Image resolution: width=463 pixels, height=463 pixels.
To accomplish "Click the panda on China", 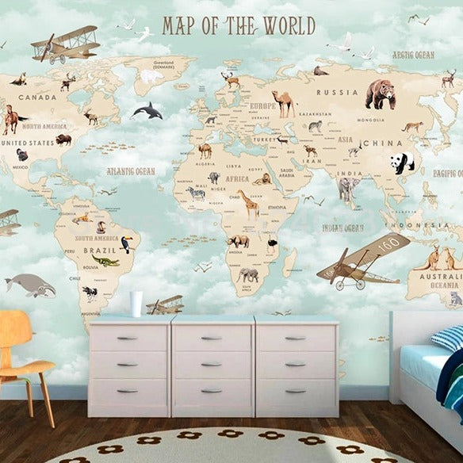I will click(402, 163).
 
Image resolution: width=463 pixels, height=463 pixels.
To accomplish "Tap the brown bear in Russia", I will click(381, 94).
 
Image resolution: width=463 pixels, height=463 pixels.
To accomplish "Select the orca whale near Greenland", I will click(148, 111).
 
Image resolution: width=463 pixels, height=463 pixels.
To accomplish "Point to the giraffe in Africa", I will click(250, 205).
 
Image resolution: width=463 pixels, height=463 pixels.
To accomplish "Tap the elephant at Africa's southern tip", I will click(248, 275).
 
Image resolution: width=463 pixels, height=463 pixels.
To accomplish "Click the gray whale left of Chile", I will click(29, 285).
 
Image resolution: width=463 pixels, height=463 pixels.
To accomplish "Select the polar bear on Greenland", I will click(148, 76).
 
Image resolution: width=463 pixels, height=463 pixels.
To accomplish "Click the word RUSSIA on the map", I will click(342, 92).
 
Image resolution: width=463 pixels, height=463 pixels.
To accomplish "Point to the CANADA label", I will click(36, 98).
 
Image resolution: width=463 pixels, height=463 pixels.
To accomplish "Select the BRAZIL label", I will click(95, 251).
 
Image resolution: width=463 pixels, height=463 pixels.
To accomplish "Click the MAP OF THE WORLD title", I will click(238, 25).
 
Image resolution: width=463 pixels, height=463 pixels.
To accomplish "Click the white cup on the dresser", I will click(136, 303).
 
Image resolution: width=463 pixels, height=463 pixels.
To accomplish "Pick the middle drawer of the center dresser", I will click(212, 364).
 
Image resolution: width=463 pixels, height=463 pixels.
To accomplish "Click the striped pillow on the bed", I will click(449, 339).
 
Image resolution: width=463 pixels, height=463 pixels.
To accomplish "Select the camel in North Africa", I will click(205, 150).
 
